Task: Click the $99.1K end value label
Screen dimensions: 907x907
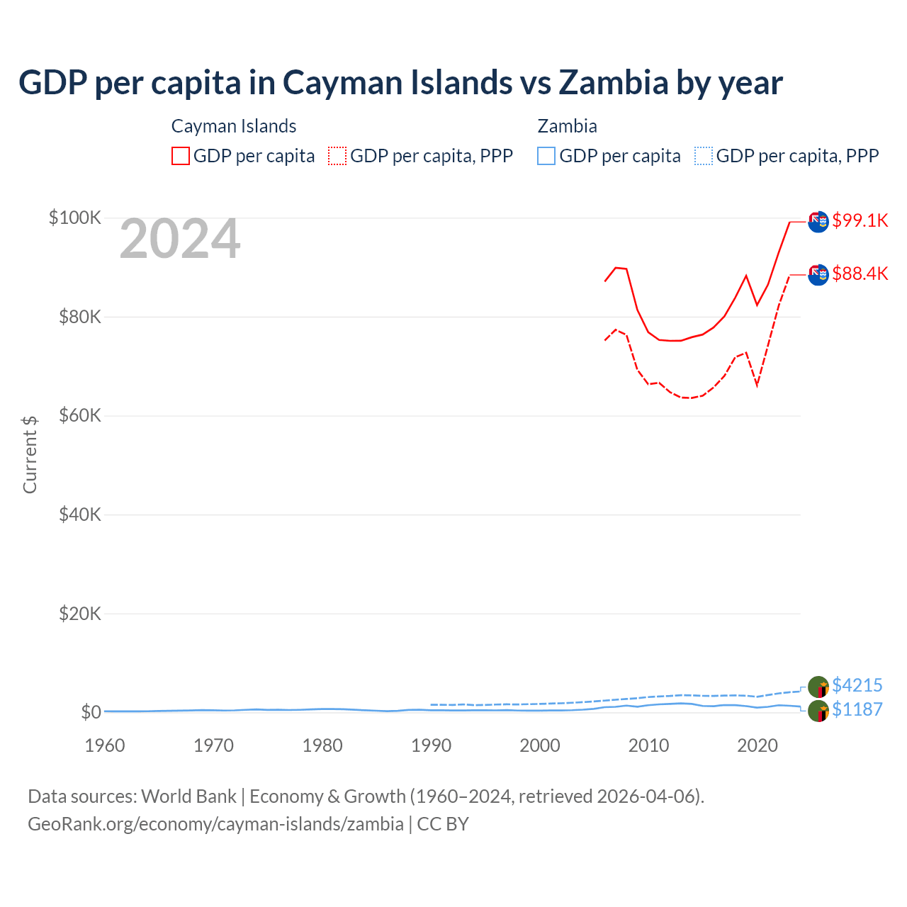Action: [860, 220]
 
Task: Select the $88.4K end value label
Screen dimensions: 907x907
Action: [860, 274]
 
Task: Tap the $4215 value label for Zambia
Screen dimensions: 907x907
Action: [857, 685]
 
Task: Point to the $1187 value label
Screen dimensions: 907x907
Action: [857, 709]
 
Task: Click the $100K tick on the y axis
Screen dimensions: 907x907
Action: [75, 218]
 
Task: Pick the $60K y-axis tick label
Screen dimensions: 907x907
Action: [80, 415]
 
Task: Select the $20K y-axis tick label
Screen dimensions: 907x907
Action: [80, 614]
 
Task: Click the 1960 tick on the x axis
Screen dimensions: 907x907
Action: [105, 745]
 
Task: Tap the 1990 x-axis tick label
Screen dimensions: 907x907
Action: [431, 745]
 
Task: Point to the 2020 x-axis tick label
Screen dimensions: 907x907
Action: [757, 745]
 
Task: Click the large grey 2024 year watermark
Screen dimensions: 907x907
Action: [180, 240]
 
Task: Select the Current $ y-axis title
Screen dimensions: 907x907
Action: [30, 454]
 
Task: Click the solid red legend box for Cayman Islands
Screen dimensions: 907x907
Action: [181, 156]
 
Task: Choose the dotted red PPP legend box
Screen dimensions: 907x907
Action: [337, 156]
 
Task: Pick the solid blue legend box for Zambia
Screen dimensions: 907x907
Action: [546, 156]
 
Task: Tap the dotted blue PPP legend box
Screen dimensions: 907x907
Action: [704, 156]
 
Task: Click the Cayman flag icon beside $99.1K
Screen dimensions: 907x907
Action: [818, 221]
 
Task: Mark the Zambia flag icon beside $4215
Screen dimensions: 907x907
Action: [818, 687]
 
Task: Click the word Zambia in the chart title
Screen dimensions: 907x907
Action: [613, 83]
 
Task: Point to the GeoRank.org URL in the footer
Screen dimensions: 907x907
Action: [215, 824]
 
